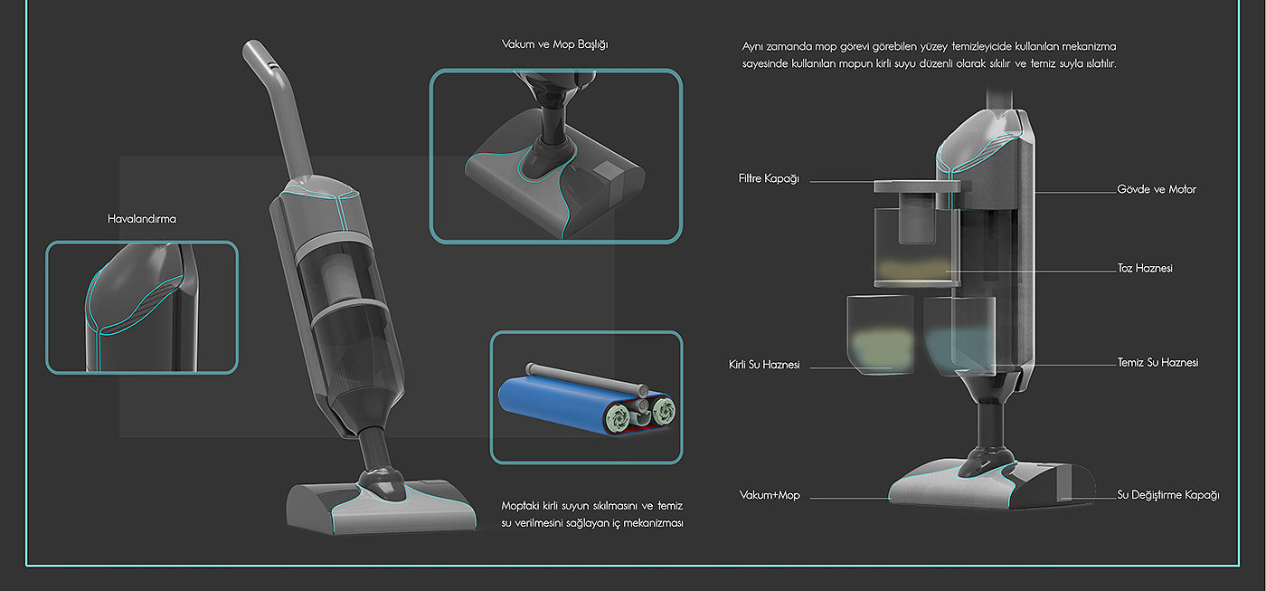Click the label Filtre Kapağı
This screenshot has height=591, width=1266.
pos(769,179)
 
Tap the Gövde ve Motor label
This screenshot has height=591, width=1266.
pos(1157,190)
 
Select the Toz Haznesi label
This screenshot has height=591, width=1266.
pos(1145,270)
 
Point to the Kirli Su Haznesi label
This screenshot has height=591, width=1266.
pos(764,366)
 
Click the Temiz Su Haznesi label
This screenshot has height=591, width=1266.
pos(1157,363)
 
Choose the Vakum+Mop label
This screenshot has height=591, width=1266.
pos(770,496)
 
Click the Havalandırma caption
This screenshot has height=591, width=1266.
pos(142,219)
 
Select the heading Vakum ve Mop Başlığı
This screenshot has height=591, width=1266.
pos(555,43)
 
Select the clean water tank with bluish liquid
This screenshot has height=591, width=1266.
pos(959,335)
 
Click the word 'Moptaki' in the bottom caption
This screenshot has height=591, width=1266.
pos(523,506)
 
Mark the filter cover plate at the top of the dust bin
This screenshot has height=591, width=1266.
pos(915,187)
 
